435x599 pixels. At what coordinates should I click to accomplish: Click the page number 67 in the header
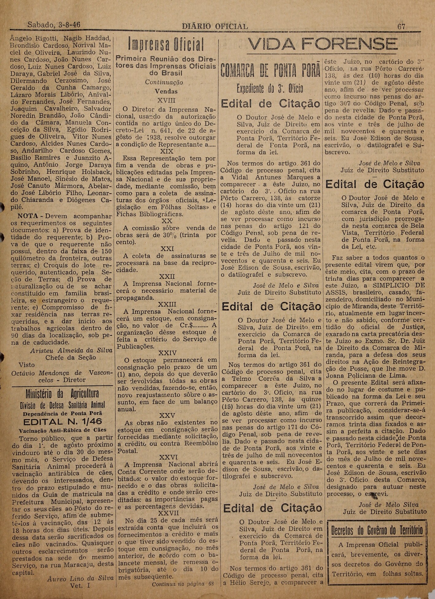(401, 26)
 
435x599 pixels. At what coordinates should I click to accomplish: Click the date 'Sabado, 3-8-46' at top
(54, 25)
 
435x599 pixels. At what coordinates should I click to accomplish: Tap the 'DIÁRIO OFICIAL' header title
(215, 27)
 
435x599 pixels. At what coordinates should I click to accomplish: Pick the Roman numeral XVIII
(166, 100)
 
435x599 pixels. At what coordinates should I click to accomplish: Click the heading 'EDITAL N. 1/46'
(62, 421)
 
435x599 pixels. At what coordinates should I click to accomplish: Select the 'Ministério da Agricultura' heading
(62, 394)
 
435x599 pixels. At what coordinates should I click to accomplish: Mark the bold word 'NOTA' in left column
(27, 216)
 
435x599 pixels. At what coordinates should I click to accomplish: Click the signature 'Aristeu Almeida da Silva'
(71, 350)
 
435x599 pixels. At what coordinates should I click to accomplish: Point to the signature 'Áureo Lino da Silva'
(80, 578)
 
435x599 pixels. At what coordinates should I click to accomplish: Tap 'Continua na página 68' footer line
(182, 584)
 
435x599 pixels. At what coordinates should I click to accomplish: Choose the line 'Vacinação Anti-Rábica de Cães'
(63, 430)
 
